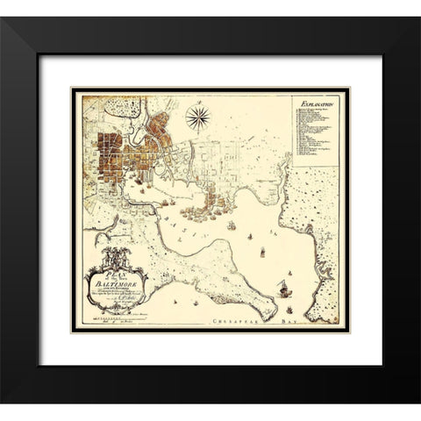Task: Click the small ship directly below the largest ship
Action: point(282,303)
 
